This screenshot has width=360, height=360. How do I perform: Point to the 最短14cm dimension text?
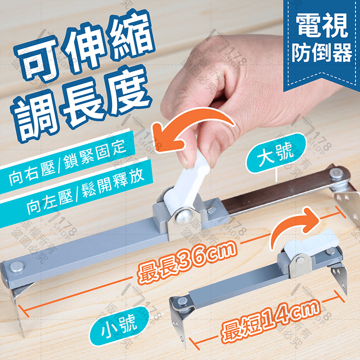pyautogui.click(x=269, y=320)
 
